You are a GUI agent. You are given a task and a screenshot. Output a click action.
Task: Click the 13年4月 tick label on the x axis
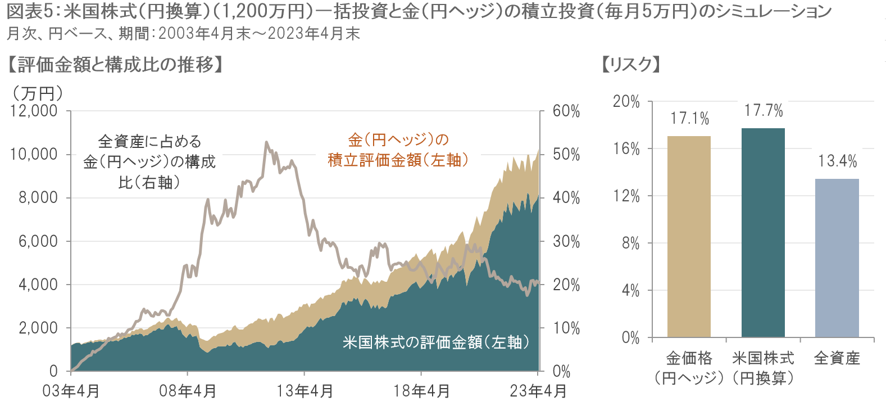[x=305, y=391]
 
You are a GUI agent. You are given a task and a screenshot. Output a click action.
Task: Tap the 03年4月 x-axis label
[x=71, y=391]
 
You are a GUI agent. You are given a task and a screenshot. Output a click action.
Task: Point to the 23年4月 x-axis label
[x=538, y=391]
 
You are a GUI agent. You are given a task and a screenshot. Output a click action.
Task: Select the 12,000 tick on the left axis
[x=34, y=111]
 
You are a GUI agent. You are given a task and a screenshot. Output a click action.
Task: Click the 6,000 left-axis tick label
[x=38, y=241]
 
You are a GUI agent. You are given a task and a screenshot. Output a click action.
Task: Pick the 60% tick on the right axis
[x=566, y=111]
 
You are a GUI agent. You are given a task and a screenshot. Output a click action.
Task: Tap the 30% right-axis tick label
[x=566, y=241]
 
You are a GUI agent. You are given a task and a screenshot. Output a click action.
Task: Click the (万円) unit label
[x=38, y=93]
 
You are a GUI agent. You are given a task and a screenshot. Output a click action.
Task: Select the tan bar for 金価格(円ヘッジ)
[x=689, y=236]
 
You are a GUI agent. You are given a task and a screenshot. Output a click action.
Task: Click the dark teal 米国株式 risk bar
[x=763, y=233]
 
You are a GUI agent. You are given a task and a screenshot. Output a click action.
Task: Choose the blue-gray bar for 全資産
[x=837, y=258]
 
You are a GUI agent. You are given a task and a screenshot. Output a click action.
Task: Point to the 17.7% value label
[x=764, y=111]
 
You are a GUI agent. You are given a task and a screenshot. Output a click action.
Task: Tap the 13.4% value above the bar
[x=837, y=161]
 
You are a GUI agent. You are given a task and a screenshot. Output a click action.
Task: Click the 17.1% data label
[x=689, y=119]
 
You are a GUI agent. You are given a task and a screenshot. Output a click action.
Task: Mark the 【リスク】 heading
[x=630, y=65]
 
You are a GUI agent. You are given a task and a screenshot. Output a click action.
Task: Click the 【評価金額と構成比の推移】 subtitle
[x=115, y=65]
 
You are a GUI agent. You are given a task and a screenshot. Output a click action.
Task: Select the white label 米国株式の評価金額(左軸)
[x=435, y=342]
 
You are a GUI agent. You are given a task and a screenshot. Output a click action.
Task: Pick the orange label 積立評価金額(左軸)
[x=398, y=160]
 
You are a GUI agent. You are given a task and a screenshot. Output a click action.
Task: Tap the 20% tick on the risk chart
[x=626, y=102]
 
